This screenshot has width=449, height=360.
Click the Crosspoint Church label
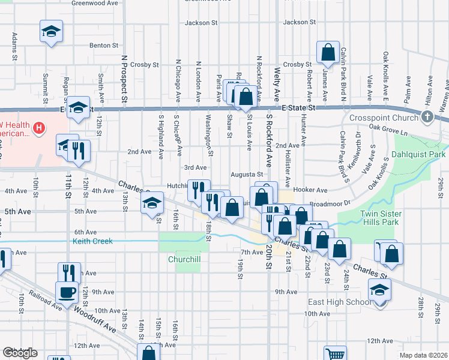coord(390,117)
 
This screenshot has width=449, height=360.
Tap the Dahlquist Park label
coord(418,154)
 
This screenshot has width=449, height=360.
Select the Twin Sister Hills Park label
coord(388,218)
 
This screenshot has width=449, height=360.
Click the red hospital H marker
coord(39,128)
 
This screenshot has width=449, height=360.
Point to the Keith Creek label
coord(92,241)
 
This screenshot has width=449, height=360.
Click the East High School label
coord(340,302)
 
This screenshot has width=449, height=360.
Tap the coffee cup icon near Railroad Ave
coord(67,292)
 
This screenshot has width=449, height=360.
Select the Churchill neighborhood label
coord(184,259)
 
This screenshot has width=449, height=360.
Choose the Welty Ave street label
coord(277,83)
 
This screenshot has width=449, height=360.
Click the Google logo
coord(20,353)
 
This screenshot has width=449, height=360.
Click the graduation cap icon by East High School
coord(380,289)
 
